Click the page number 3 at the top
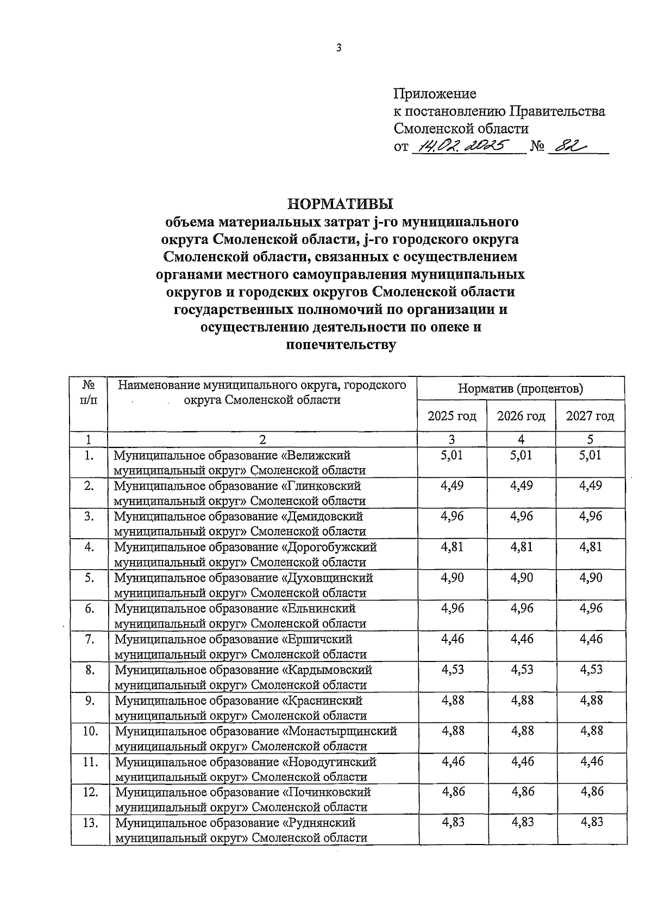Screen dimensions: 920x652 [338, 48]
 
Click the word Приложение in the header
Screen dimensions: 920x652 [435, 94]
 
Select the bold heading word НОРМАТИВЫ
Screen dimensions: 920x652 [340, 204]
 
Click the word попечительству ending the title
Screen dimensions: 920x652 [341, 345]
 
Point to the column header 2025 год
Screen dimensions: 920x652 [452, 416]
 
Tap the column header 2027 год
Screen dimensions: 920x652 [590, 416]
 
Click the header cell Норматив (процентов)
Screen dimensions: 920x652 [521, 389]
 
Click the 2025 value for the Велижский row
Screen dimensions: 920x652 [452, 455]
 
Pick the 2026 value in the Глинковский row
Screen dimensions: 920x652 [521, 486]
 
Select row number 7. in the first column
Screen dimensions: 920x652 [90, 639]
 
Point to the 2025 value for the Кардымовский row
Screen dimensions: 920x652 [453, 669]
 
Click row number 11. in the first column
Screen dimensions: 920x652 [90, 761]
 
